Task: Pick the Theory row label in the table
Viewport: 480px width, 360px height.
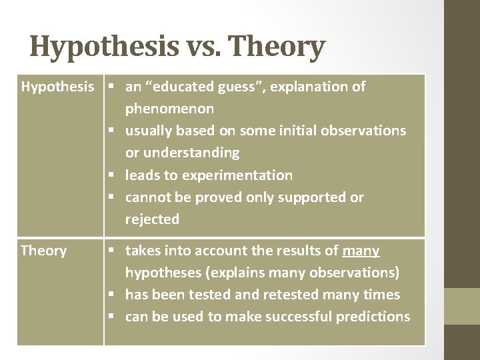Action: [x=44, y=251]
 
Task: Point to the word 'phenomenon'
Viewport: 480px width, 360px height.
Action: [x=170, y=108]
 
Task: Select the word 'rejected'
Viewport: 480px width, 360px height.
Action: [x=153, y=219]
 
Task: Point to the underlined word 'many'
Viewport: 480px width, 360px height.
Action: [x=361, y=251]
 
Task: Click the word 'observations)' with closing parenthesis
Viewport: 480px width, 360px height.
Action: [x=357, y=272]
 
